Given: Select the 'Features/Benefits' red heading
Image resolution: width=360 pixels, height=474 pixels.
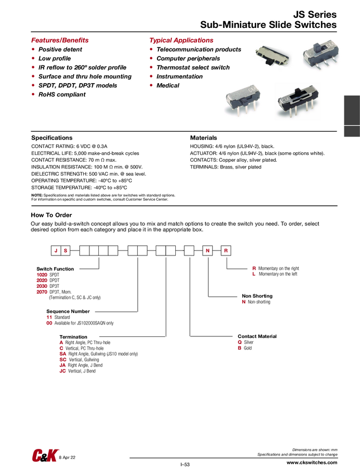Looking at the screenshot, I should click(60, 41).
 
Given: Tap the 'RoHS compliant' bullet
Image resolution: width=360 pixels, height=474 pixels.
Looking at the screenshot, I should click(62, 95).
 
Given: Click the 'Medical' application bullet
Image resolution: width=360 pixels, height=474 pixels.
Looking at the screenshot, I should click(167, 86).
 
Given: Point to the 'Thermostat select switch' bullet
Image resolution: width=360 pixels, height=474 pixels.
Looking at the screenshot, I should click(193, 67).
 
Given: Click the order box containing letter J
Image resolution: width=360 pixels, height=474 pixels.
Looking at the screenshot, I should click(56, 251).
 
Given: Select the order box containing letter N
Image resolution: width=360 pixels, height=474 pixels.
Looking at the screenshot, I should click(207, 251).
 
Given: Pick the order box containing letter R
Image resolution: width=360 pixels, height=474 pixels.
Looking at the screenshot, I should click(226, 251).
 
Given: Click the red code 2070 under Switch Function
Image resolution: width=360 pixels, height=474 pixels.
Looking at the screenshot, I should click(42, 292).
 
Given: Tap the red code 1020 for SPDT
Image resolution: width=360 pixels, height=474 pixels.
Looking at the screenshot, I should click(42, 275).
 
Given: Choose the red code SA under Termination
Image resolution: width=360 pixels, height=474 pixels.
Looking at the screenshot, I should click(63, 354).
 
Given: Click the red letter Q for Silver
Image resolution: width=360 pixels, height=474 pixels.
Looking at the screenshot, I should click(239, 342).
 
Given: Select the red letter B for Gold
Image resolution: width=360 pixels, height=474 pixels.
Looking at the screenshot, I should click(239, 348).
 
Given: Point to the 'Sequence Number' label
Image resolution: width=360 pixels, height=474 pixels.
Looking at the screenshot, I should click(68, 312).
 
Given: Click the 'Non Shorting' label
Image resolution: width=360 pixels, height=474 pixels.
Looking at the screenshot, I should click(257, 296).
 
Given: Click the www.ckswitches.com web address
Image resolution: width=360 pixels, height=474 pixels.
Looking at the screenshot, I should click(311, 463).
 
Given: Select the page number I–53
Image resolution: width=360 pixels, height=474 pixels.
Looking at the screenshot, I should click(185, 465).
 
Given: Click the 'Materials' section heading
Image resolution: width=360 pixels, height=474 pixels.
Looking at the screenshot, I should click(204, 138).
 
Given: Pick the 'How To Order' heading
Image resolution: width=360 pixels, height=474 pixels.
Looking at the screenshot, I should click(51, 215).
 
